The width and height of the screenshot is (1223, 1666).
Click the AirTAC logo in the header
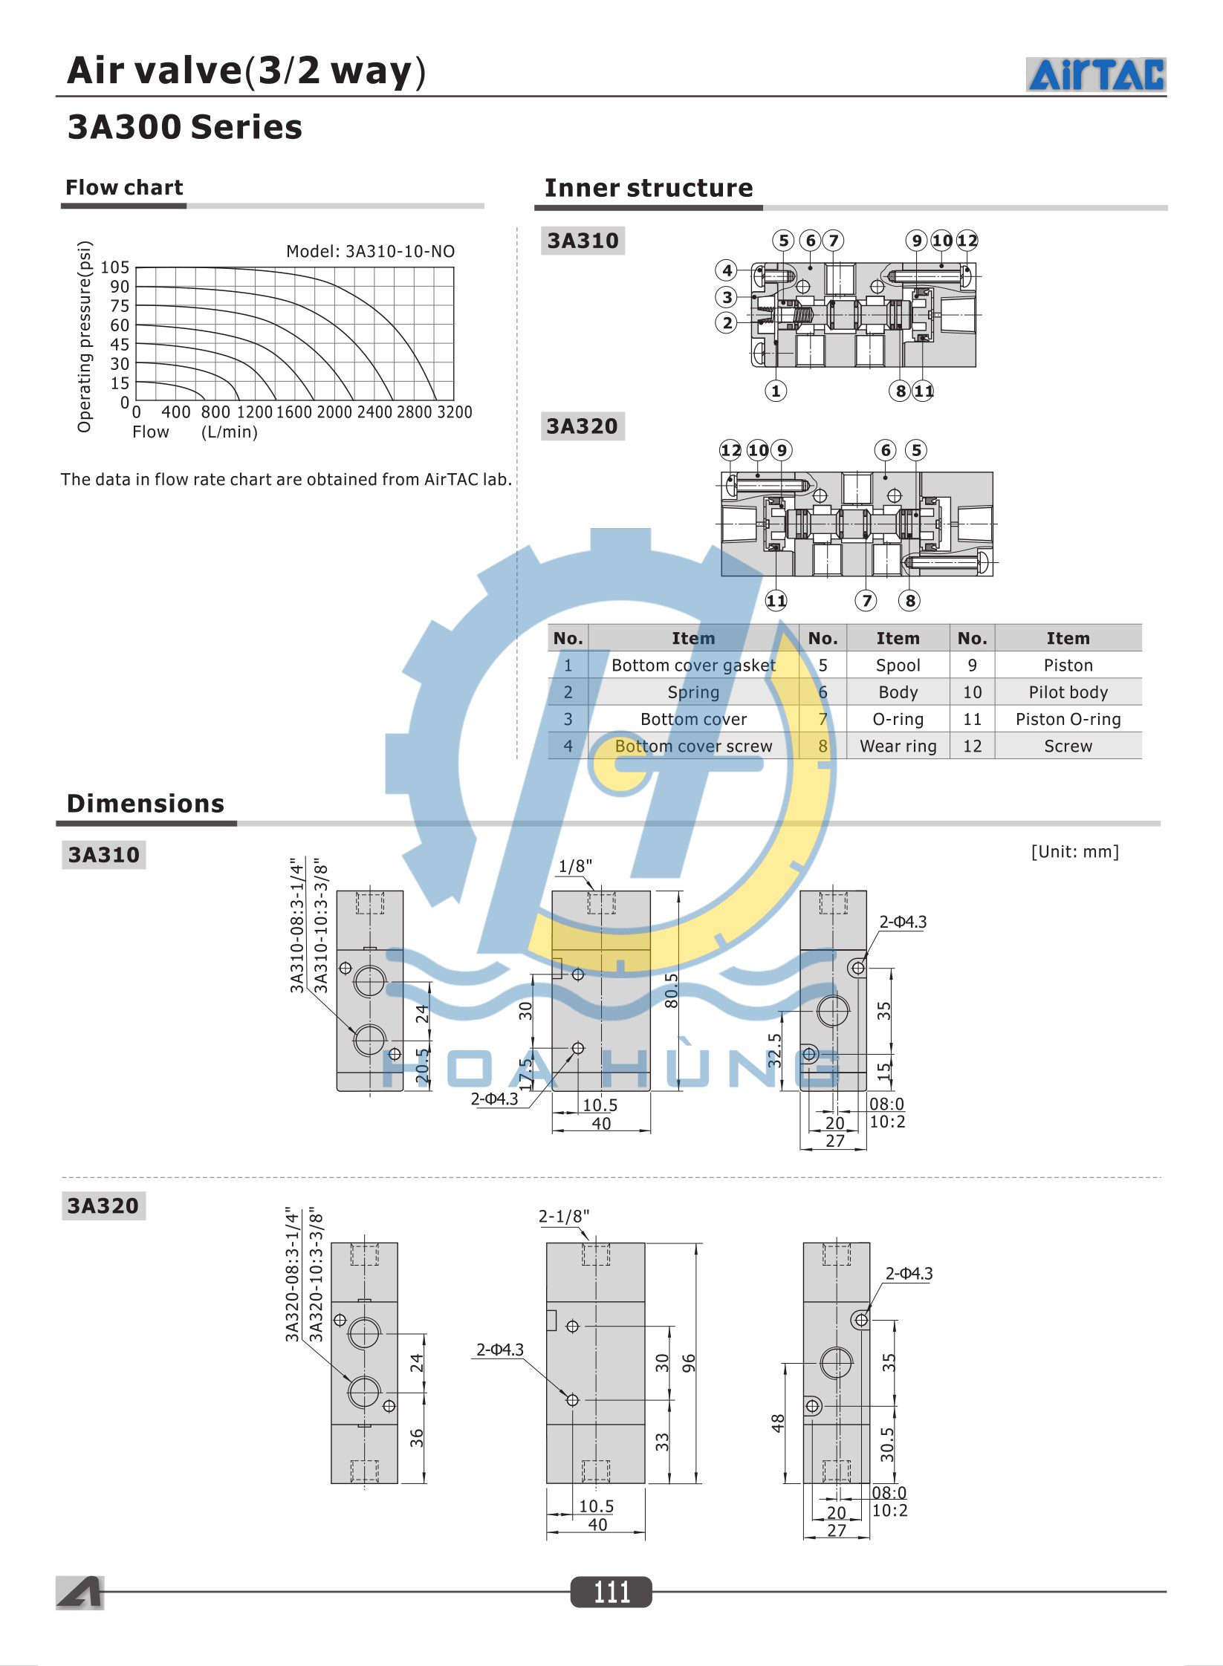click(1096, 74)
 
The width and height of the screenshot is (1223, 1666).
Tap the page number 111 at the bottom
click(611, 1592)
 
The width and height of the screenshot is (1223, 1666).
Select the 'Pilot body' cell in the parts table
click(1068, 692)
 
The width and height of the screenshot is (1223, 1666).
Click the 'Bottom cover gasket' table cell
click(693, 666)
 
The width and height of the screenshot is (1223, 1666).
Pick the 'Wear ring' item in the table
click(898, 746)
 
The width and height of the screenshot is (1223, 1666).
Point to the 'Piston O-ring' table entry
click(1068, 719)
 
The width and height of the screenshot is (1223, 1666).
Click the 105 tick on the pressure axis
click(115, 267)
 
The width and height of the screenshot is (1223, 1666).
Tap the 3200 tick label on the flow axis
click(454, 412)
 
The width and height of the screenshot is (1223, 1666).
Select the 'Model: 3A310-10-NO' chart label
click(370, 251)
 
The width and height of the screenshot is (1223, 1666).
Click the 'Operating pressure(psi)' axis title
click(85, 336)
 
